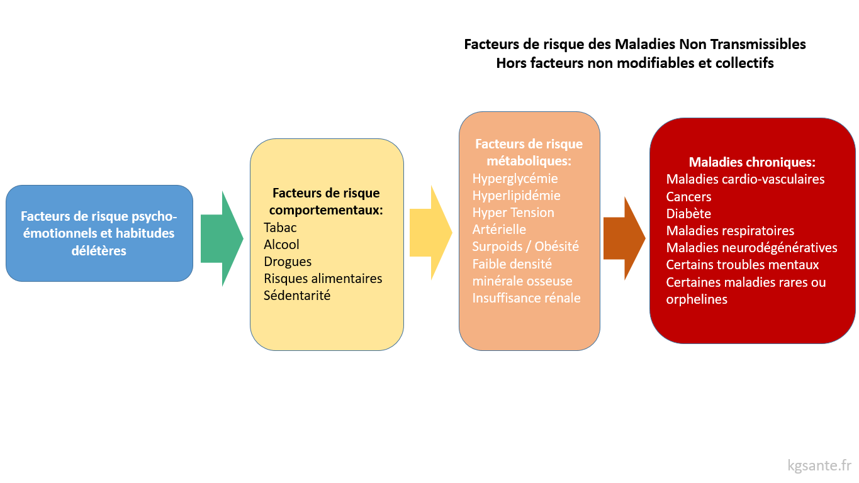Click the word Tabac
point(280,228)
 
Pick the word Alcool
point(281,245)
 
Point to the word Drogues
point(288,262)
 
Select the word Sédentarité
point(297,296)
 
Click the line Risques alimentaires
point(323,279)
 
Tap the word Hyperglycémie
point(515,179)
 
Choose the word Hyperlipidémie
point(516,196)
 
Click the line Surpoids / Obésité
point(525,247)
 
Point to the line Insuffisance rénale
point(526,298)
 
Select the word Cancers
point(688,197)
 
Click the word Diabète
point(688,214)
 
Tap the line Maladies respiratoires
point(730,231)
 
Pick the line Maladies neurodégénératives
point(751,248)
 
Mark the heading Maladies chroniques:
point(752,162)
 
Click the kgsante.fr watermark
point(819,466)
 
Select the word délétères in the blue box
point(99,251)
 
